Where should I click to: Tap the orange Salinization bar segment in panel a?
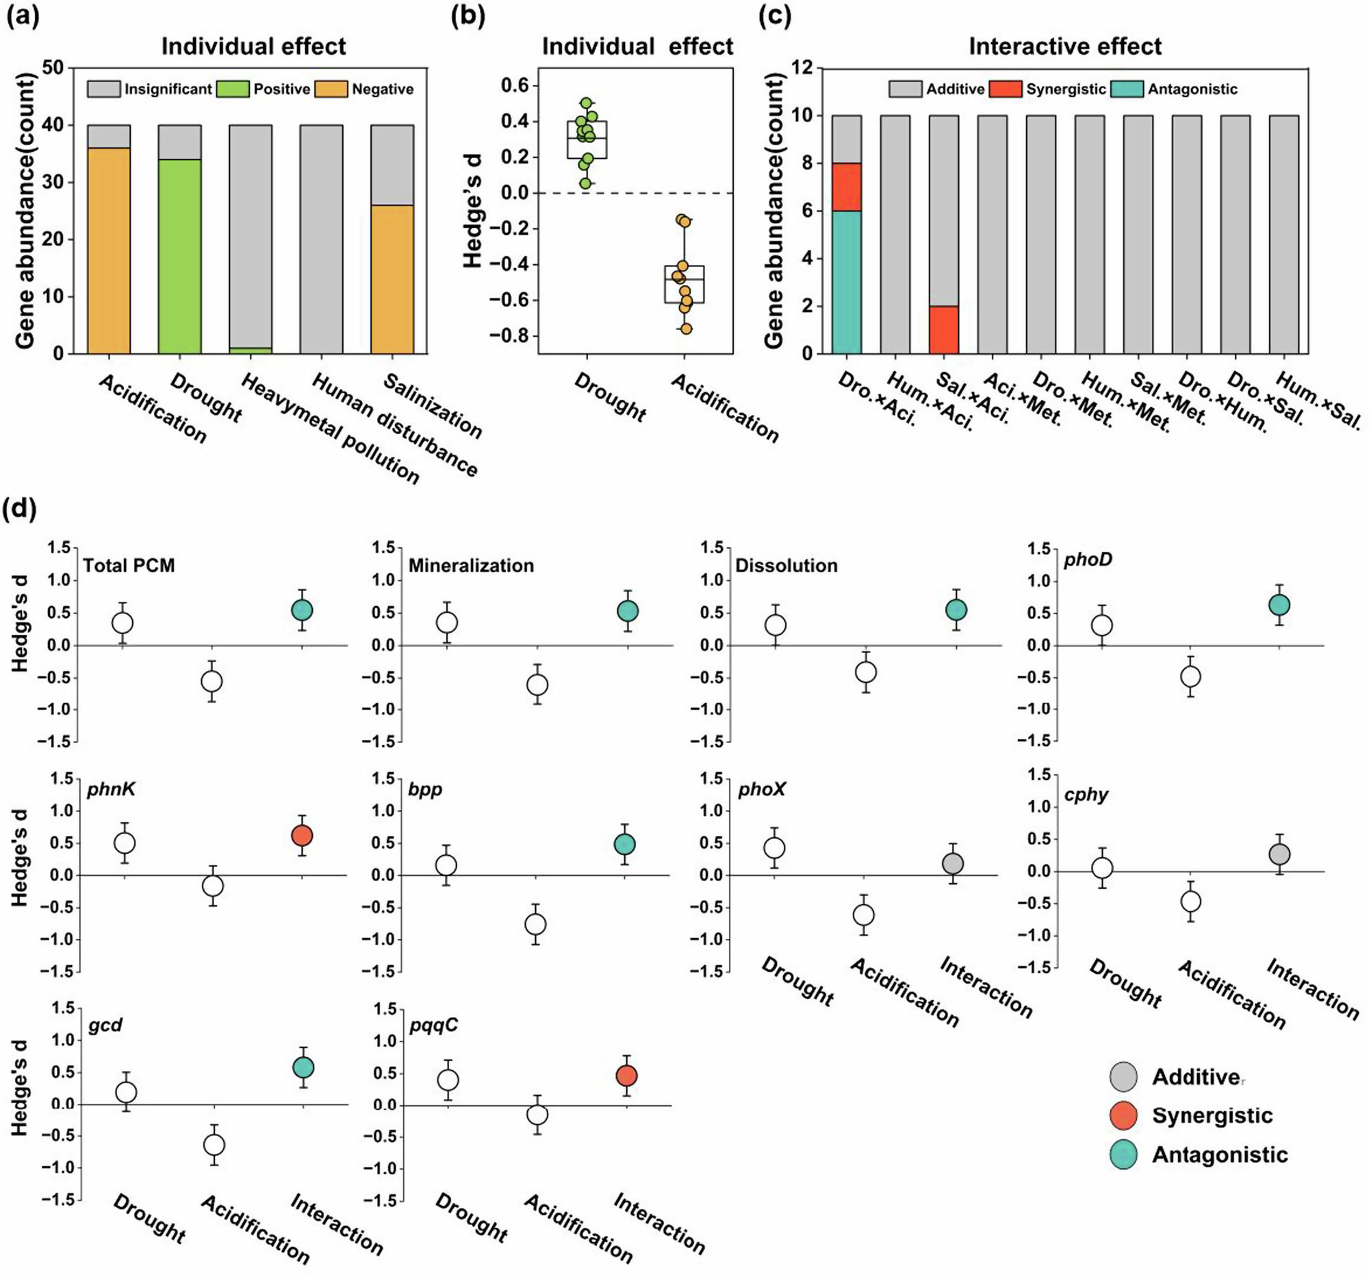(x=392, y=279)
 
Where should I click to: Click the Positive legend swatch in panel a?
(x=233, y=89)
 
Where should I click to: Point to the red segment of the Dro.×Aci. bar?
(x=846, y=187)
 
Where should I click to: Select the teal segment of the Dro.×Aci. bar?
(x=846, y=281)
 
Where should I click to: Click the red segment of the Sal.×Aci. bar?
(x=943, y=329)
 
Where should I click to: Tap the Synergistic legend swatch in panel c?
(x=1006, y=89)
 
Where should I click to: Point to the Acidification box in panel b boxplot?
(x=684, y=283)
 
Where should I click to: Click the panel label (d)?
(x=21, y=510)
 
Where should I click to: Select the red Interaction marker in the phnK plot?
(x=302, y=835)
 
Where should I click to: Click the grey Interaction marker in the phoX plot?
(x=953, y=863)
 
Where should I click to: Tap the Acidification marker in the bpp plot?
(x=536, y=924)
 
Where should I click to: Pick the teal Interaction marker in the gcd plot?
(x=303, y=1067)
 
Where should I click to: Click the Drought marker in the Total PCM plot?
(x=123, y=622)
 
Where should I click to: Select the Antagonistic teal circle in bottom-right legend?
(x=1123, y=1154)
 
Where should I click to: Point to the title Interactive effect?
(x=1064, y=46)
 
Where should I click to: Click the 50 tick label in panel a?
(x=52, y=68)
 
